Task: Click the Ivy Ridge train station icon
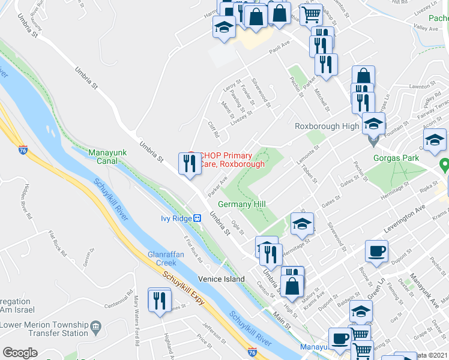tap(196, 219)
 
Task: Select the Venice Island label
tap(223, 279)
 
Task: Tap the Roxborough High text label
tap(327, 126)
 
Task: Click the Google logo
tap(20, 353)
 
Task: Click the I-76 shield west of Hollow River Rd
tap(23, 149)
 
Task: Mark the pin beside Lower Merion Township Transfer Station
tap(95, 325)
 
